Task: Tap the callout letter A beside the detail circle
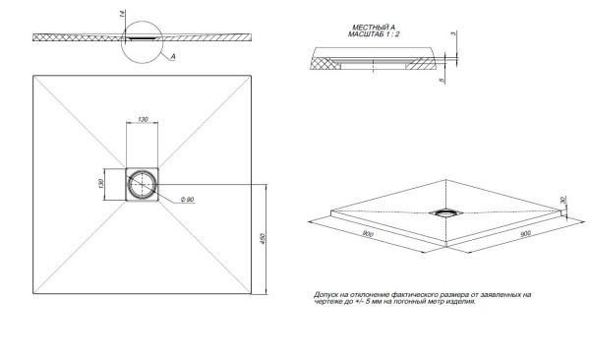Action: (x=172, y=58)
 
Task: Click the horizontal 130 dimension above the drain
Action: (x=145, y=120)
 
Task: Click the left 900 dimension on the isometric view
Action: (x=366, y=234)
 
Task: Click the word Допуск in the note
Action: (x=325, y=293)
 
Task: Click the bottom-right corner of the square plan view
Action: (x=255, y=294)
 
